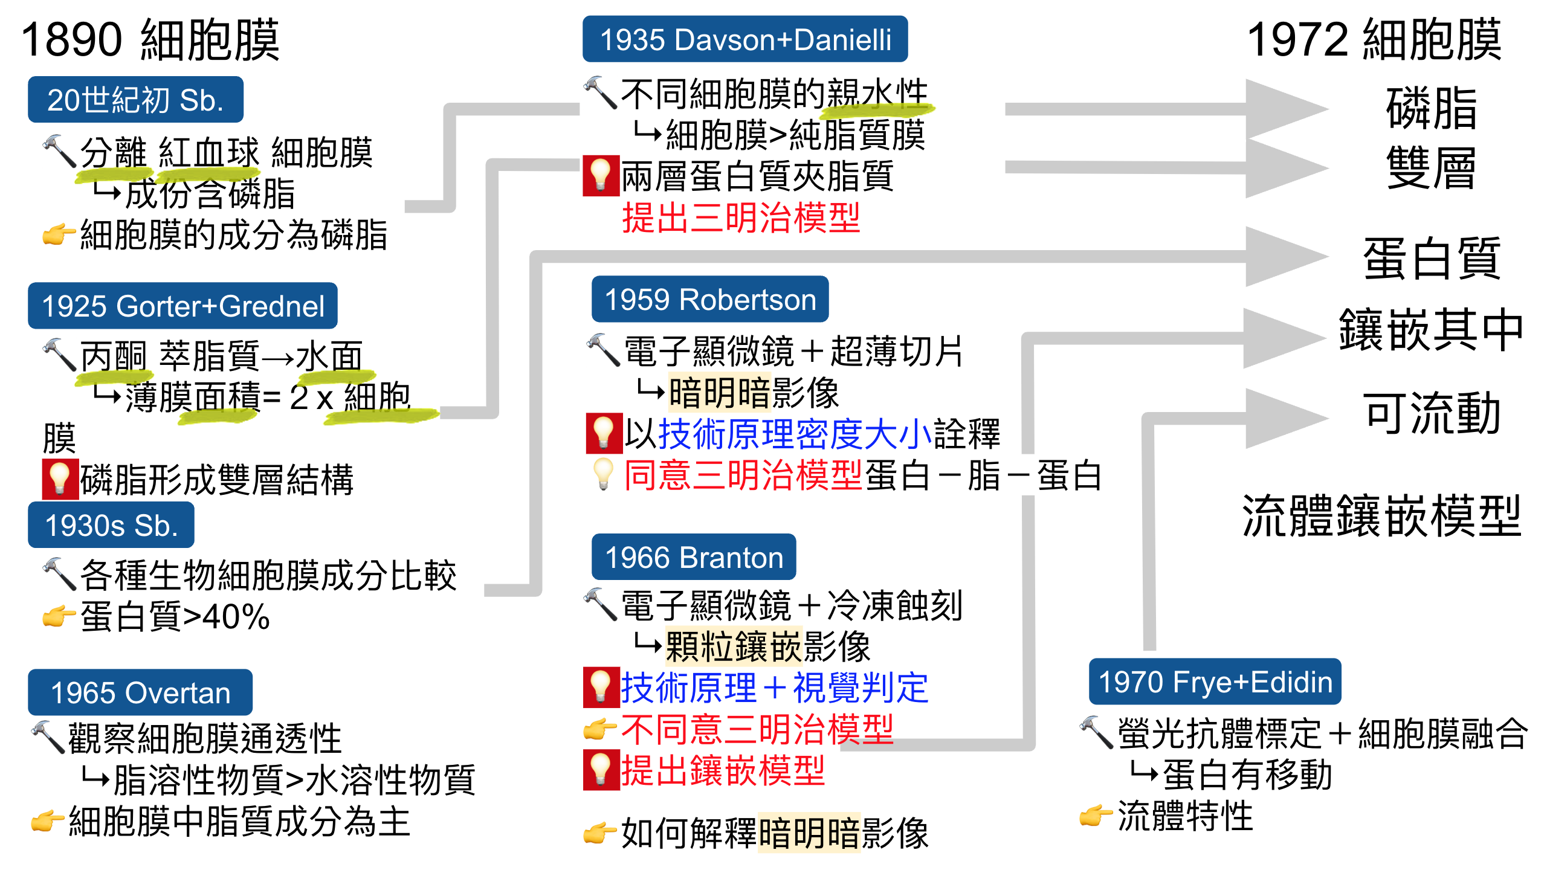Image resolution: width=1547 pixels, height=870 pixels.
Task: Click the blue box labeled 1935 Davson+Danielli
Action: coord(744,39)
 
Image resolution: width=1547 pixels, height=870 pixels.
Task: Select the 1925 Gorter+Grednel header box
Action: coord(182,306)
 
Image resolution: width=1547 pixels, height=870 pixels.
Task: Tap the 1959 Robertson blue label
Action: coord(709,300)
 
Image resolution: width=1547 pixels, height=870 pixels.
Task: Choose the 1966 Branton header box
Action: coord(693,557)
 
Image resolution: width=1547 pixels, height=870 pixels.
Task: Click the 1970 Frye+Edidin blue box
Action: coord(1215,682)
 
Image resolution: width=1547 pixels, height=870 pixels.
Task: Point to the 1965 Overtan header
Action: coord(140,692)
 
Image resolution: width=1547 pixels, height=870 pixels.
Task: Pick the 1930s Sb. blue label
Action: coord(111,525)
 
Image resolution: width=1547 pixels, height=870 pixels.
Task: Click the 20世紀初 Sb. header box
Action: coord(135,100)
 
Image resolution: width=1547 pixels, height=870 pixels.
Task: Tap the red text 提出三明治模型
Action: coord(741,217)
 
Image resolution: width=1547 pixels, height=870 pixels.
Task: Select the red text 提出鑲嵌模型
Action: coord(723,770)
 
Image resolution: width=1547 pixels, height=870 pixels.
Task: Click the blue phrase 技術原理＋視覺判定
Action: coord(775,688)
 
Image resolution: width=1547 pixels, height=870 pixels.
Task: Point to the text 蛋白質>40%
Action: coord(175,617)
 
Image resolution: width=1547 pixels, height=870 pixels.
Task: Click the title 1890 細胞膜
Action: coord(150,40)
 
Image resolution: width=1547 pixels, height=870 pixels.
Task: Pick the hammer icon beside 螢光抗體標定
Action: coord(1096,732)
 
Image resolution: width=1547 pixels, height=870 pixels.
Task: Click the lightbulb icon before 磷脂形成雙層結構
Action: coord(60,479)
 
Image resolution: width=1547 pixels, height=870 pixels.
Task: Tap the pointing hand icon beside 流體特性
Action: coord(1096,816)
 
